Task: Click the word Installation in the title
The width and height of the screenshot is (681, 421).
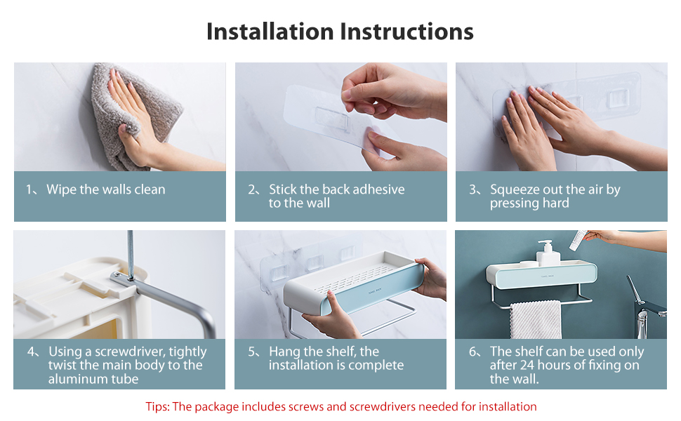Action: tap(270, 32)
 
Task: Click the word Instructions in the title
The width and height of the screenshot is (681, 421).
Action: tap(406, 32)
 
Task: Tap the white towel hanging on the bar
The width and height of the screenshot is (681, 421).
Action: tap(536, 320)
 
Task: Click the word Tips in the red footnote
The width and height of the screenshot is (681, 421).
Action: tap(157, 407)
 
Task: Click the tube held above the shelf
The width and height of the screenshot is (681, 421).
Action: tap(578, 240)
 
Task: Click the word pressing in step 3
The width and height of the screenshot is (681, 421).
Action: tap(513, 203)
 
